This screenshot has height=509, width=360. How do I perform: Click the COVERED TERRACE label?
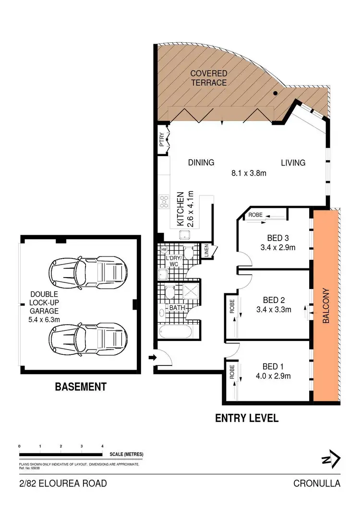pyautogui.click(x=209, y=77)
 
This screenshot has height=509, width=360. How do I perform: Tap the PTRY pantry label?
pyautogui.click(x=162, y=140)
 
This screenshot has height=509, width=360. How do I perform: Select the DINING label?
pyautogui.click(x=201, y=162)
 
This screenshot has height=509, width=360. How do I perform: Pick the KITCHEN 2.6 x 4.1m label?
pyautogui.click(x=185, y=208)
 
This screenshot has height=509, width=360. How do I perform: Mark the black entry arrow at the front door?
pyautogui.click(x=152, y=357)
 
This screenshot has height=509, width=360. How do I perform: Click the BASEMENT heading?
pyautogui.click(x=80, y=387)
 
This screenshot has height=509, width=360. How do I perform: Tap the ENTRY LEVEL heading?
pyautogui.click(x=246, y=418)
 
